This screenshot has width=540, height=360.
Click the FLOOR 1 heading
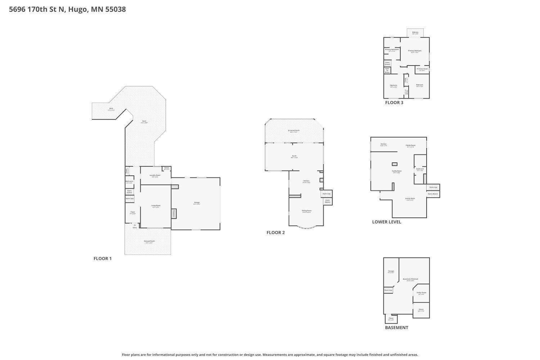103,258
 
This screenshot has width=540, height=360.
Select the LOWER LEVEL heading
386,222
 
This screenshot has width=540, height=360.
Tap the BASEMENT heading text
396,328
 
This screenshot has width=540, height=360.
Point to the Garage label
197,203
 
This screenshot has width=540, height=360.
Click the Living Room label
156,206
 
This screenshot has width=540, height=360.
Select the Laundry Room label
155,175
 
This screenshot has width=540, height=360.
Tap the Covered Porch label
149,241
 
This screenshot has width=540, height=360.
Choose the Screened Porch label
293,130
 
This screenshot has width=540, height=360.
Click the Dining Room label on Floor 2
306,211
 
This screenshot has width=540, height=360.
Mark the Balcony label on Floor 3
415,32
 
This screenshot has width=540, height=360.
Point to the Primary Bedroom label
414,51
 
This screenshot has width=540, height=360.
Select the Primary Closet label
422,69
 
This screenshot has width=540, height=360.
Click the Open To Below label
387,70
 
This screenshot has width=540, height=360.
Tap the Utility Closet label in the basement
421,293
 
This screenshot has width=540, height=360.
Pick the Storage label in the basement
391,271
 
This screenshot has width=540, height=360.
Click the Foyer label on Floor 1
132,212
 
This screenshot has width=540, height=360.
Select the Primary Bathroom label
392,49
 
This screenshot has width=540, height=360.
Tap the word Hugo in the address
77,9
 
